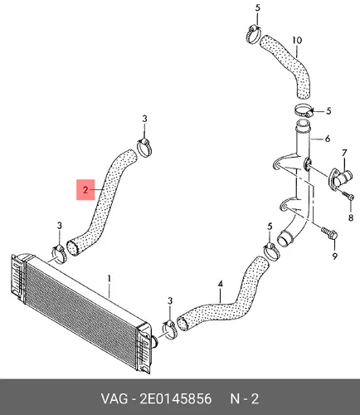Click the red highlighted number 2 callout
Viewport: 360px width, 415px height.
pyautogui.click(x=85, y=190)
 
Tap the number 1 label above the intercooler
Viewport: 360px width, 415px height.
pyautogui.click(x=109, y=279)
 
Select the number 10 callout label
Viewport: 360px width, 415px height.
pyautogui.click(x=297, y=41)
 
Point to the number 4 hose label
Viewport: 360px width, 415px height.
pyautogui.click(x=221, y=284)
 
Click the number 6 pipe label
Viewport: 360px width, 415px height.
pyautogui.click(x=328, y=139)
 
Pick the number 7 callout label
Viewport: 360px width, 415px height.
pyautogui.click(x=344, y=153)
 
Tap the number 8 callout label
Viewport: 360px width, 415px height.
pyautogui.click(x=351, y=218)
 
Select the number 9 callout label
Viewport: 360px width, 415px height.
pyautogui.click(x=335, y=256)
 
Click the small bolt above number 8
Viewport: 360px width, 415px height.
pyautogui.click(x=348, y=195)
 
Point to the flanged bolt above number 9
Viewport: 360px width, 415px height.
pyautogui.click(x=329, y=233)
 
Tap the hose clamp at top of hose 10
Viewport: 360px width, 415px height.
pyautogui.click(x=253, y=35)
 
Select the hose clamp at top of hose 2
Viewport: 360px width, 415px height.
pyautogui.click(x=144, y=148)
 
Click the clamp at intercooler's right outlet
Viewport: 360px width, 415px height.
pyautogui.click(x=169, y=330)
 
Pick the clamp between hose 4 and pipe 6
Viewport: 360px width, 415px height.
pyautogui.click(x=271, y=251)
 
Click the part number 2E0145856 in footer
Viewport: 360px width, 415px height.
pyautogui.click(x=176, y=399)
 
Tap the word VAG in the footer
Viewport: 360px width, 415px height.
pyautogui.click(x=114, y=399)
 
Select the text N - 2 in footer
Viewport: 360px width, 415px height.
pyautogui.click(x=245, y=399)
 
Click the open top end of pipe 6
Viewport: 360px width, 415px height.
pyautogui.click(x=303, y=124)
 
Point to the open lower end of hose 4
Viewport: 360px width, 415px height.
pyautogui.click(x=182, y=323)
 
